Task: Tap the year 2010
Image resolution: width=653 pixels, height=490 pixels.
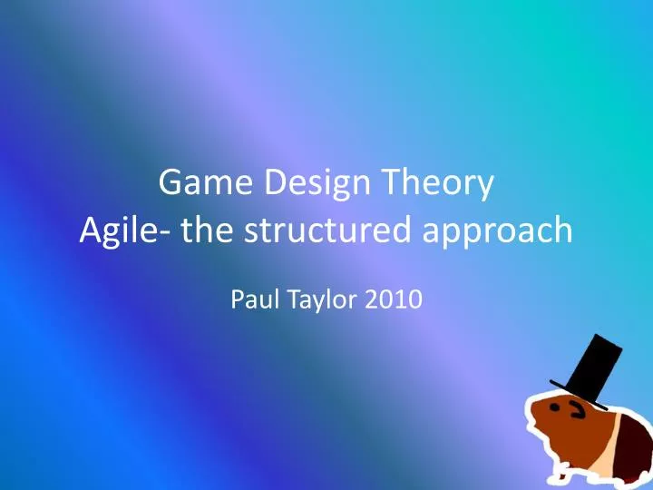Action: click(392, 299)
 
